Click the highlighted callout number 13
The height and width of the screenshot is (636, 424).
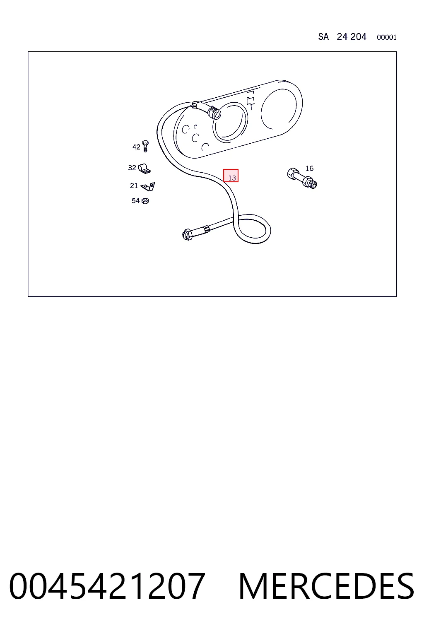[x=232, y=178]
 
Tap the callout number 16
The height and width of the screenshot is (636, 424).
[x=309, y=169]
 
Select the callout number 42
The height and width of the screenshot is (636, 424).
[x=136, y=147]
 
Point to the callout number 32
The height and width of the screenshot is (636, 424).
[x=132, y=168]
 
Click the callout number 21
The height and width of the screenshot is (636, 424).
[x=134, y=185]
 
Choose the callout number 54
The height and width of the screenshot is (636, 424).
[x=135, y=201]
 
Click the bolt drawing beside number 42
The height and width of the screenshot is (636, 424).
[x=145, y=146]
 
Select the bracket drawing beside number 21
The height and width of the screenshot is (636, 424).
[x=148, y=187]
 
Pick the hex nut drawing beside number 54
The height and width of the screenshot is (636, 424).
[x=145, y=201]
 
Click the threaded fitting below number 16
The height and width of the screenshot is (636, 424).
[x=302, y=178]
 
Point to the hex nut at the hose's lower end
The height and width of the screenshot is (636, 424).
[x=188, y=234]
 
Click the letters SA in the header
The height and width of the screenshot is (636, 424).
[x=323, y=36]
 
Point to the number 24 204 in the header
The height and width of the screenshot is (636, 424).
[x=352, y=36]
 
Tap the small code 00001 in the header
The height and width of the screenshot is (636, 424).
[x=386, y=37]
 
